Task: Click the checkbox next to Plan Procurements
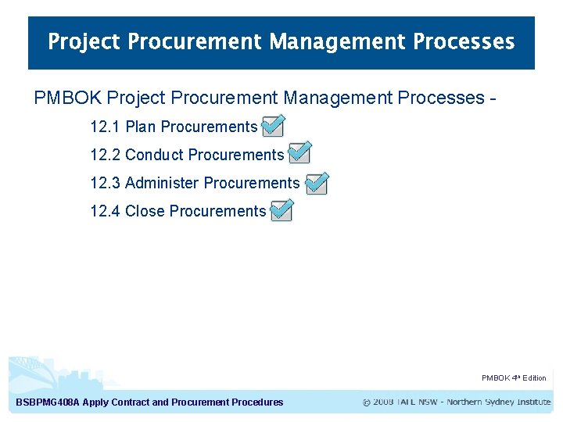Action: click(x=272, y=126)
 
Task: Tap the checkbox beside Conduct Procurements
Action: click(x=299, y=153)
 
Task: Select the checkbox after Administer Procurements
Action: click(x=317, y=183)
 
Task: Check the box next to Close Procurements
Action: click(x=281, y=210)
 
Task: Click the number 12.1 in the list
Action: click(x=105, y=127)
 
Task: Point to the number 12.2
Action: click(x=105, y=155)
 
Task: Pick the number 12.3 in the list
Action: click(x=105, y=183)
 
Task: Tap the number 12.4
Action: click(x=105, y=211)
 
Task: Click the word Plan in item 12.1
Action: click(x=141, y=127)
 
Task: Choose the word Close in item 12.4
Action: click(x=145, y=211)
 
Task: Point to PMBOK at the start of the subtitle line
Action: click(x=68, y=98)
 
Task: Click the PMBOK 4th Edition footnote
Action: click(x=514, y=378)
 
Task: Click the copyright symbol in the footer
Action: click(x=367, y=402)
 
